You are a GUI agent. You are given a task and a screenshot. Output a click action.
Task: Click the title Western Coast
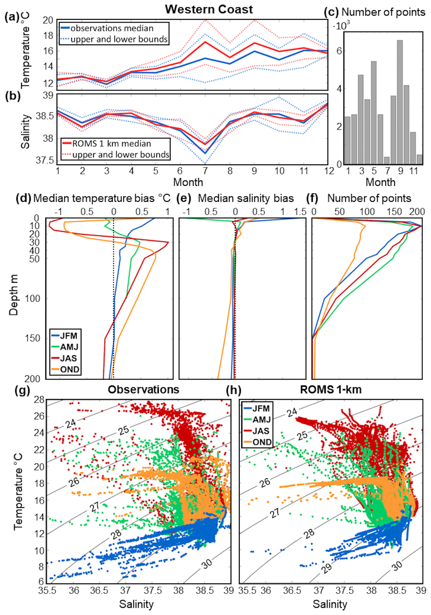(209, 9)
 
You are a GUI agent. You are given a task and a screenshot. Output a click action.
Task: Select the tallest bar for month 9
(400, 102)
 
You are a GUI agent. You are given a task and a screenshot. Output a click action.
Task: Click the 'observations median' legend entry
(112, 28)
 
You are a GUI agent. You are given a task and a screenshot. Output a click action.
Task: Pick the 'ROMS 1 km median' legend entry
(112, 144)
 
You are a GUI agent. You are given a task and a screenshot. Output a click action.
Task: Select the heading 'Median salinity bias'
(246, 199)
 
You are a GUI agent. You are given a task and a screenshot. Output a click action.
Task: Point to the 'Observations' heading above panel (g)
(143, 390)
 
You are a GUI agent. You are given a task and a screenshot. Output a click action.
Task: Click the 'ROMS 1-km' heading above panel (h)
(331, 390)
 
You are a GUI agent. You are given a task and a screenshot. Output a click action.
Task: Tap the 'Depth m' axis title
(13, 295)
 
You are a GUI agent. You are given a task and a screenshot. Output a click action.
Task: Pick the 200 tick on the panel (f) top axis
(417, 212)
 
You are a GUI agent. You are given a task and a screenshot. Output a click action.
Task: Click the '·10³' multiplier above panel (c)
(341, 26)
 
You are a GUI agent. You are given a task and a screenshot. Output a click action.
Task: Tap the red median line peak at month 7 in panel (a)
(205, 42)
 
